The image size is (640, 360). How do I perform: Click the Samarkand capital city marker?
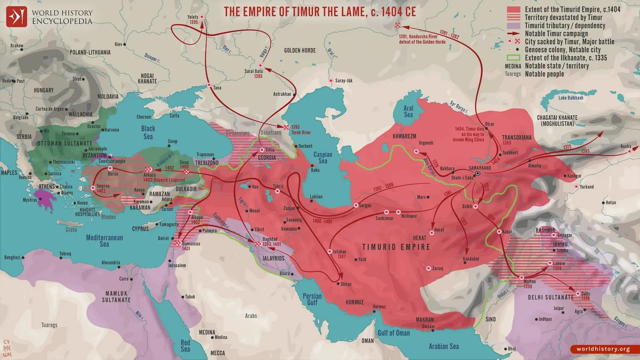[x=477, y=173]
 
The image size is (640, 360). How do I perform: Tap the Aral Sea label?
[x=408, y=111]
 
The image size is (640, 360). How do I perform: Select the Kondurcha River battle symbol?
[x=397, y=25]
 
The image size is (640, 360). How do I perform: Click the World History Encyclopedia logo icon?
[x=17, y=17]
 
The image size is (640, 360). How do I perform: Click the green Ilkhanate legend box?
[x=513, y=58]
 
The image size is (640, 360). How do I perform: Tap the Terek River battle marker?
[x=286, y=127]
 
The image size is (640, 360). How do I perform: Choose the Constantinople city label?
[x=112, y=161]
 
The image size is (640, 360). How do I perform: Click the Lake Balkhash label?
[x=571, y=98]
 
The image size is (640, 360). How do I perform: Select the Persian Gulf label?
[x=312, y=299]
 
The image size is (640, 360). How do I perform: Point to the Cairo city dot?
[x=131, y=279]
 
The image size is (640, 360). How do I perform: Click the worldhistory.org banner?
[x=603, y=349]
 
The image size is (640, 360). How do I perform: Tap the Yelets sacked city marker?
[x=202, y=17]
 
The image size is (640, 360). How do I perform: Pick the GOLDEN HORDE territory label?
[x=300, y=50]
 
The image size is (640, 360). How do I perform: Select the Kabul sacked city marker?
[x=499, y=232]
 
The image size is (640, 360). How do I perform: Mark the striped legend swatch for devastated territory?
[x=513, y=17]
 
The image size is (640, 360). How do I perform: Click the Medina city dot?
[x=212, y=337]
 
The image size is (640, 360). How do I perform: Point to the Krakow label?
[x=17, y=46]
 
